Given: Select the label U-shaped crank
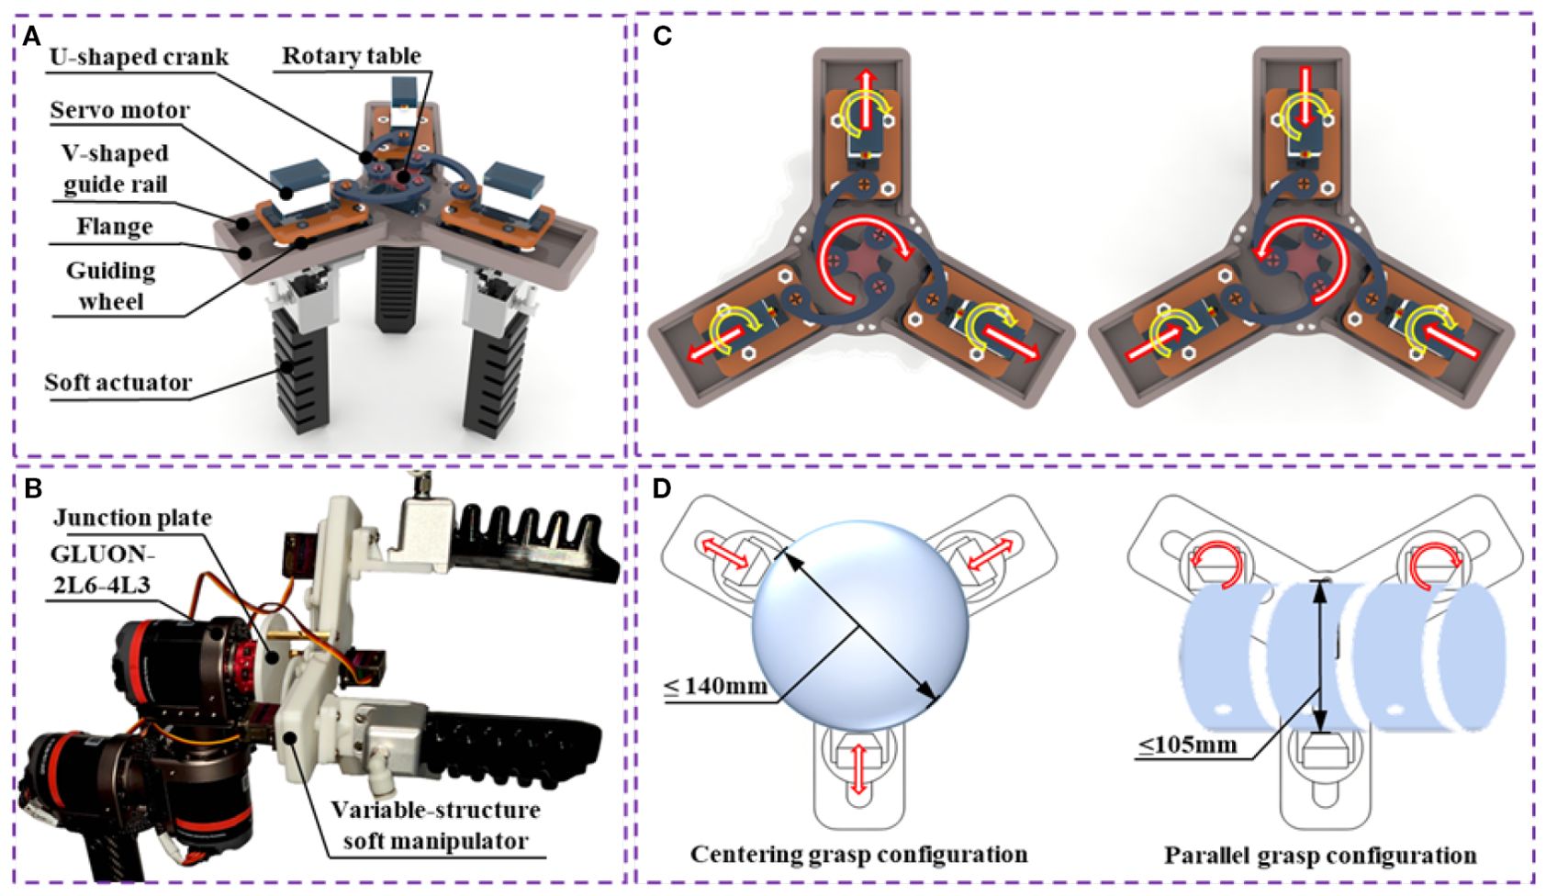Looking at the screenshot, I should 139,57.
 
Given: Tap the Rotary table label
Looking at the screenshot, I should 351,56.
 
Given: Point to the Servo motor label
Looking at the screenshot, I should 119,111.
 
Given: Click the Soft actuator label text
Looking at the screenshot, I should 118,382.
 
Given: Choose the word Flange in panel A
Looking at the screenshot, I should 114,226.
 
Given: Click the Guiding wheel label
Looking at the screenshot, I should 110,286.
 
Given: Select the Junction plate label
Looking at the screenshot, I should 132,518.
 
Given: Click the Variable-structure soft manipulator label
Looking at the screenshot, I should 435,825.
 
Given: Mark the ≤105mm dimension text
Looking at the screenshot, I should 1187,744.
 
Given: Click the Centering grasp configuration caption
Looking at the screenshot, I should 858,855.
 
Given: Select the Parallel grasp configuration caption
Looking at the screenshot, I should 1320,856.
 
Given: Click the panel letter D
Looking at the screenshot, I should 662,489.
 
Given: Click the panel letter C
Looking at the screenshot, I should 662,37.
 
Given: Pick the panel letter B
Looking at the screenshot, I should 32,488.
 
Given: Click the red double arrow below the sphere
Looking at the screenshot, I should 858,768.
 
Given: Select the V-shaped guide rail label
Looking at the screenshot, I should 115,168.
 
